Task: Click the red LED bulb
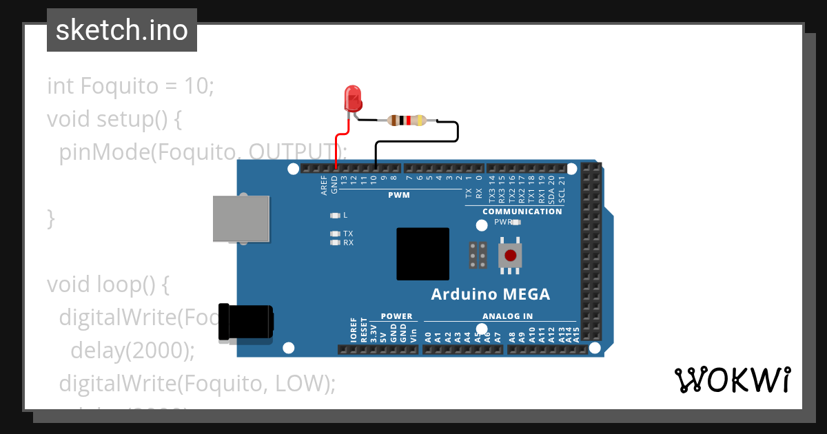point(353,99)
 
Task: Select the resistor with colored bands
point(407,121)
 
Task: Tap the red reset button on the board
point(510,256)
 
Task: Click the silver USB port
point(241,218)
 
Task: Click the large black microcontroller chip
point(422,254)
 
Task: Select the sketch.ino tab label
point(122,30)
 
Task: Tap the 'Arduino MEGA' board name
point(490,295)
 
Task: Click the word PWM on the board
point(398,195)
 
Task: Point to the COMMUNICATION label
point(522,211)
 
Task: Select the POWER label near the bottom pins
point(396,316)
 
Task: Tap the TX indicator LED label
point(348,234)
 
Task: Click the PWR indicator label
point(502,222)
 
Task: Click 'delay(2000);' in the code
point(132,350)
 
